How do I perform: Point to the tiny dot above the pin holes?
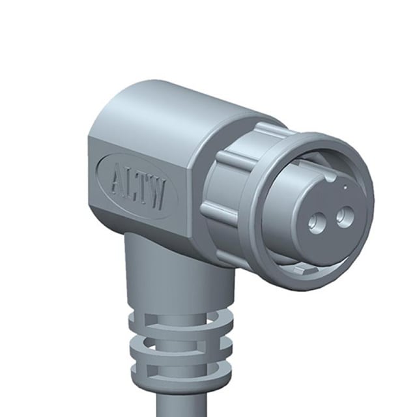coord(345,188)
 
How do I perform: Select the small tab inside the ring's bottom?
coord(306,269)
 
